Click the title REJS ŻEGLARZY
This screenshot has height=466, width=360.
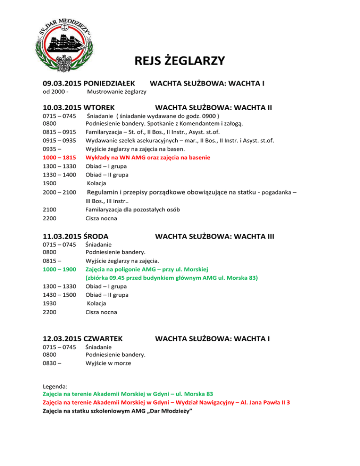click(x=180, y=61)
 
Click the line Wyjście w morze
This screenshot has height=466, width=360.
click(x=108, y=363)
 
